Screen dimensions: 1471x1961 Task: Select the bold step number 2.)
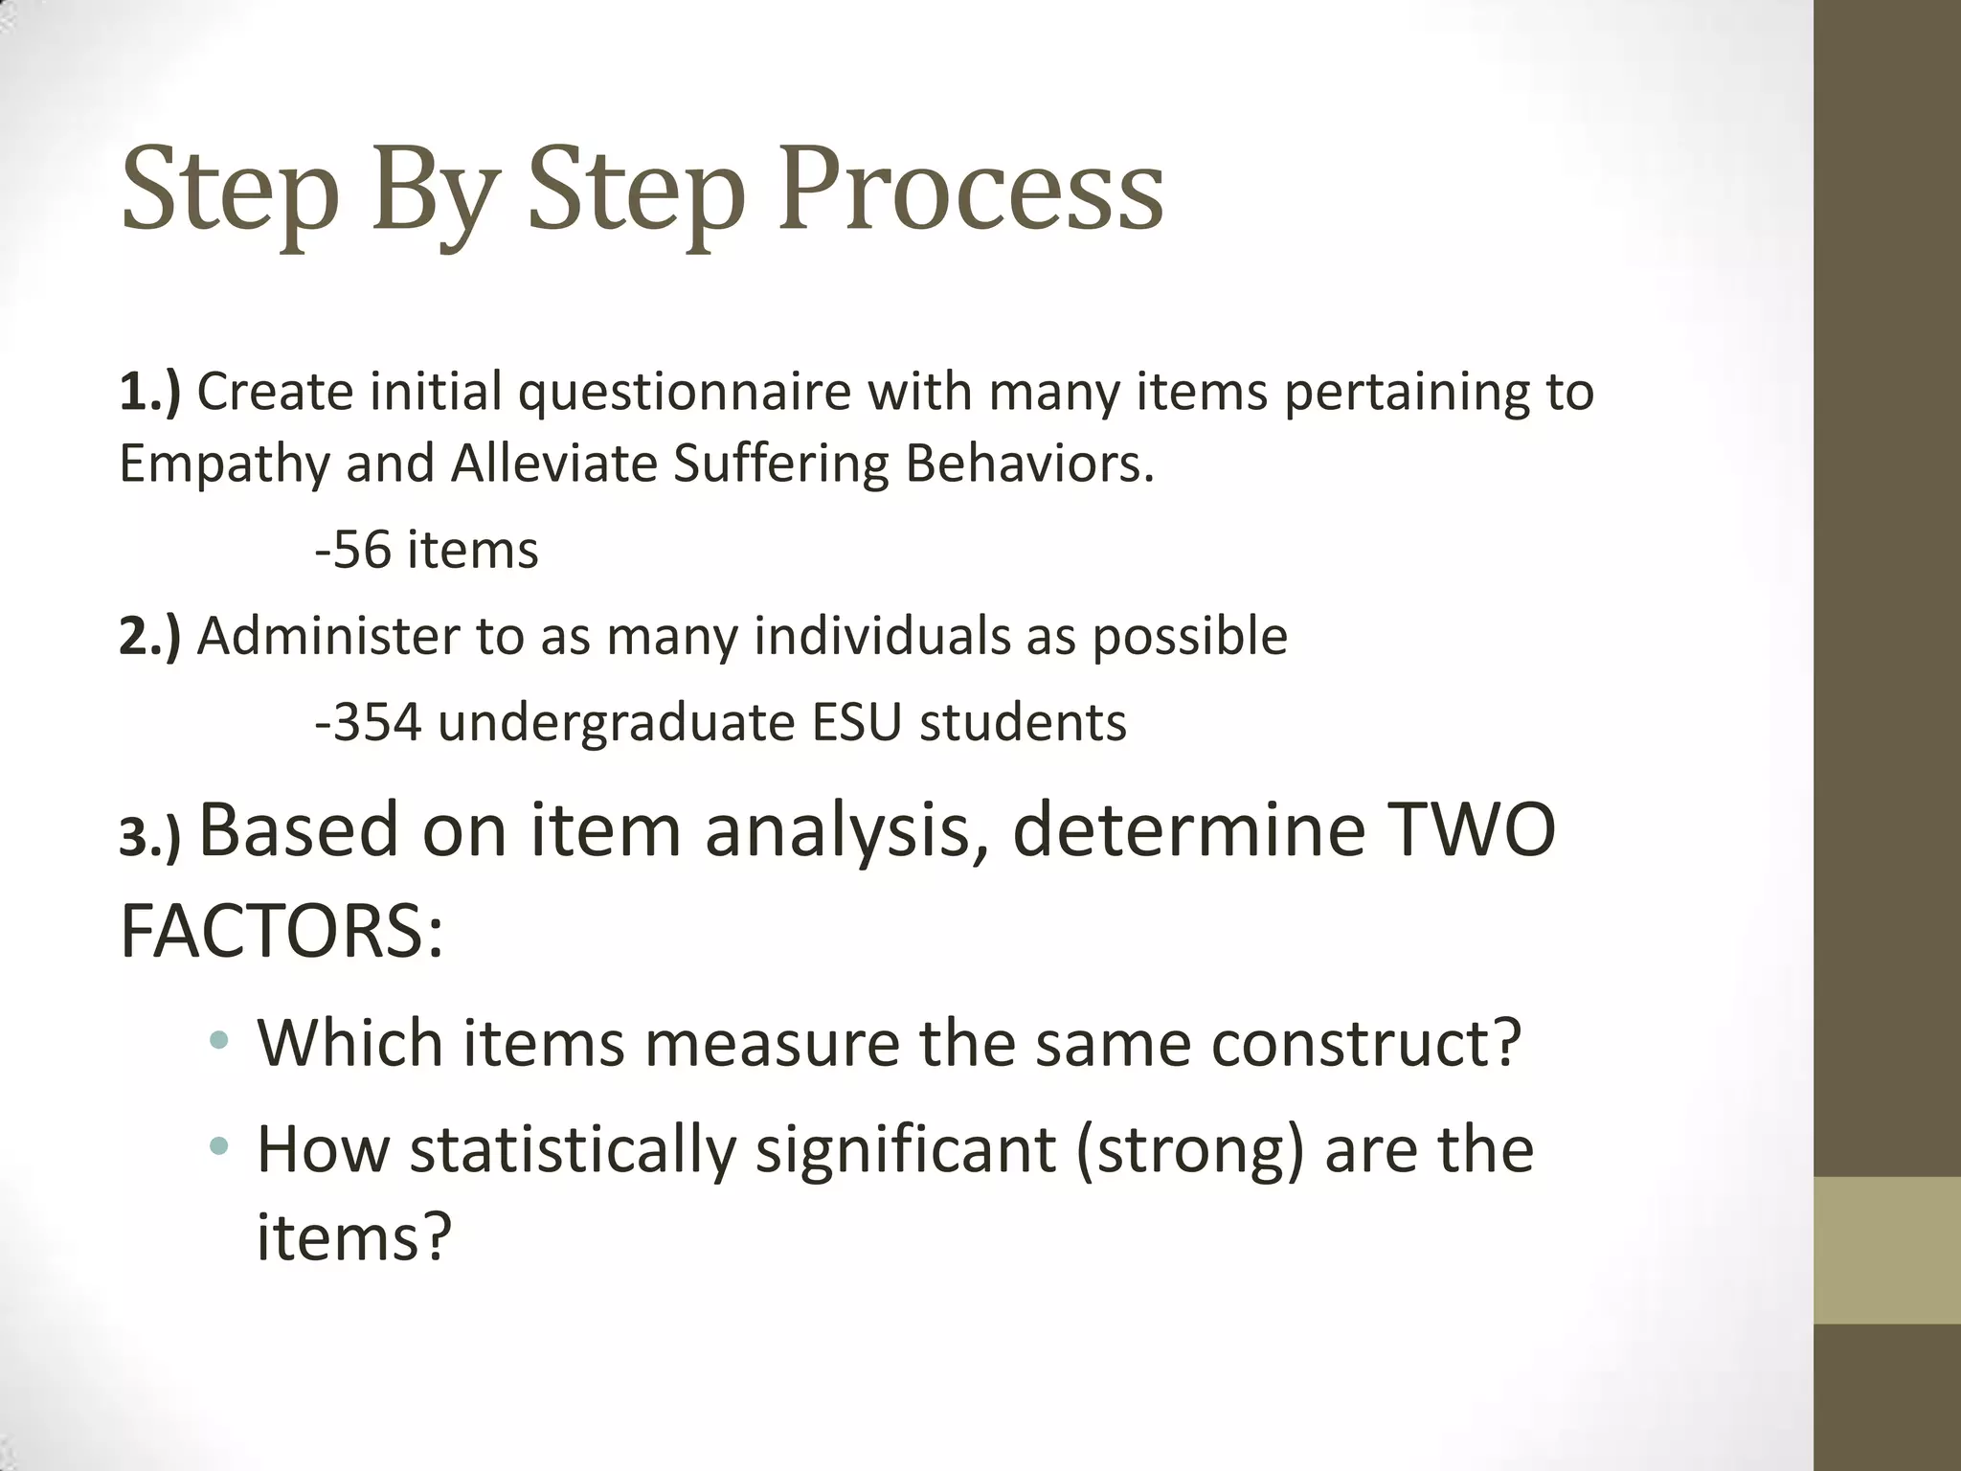click(149, 636)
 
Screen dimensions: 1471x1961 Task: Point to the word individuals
click(881, 636)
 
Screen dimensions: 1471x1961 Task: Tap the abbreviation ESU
click(857, 722)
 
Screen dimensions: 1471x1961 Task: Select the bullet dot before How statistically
click(220, 1144)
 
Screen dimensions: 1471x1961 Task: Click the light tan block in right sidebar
click(1886, 1250)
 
